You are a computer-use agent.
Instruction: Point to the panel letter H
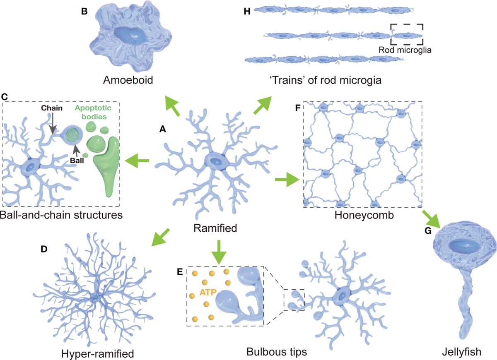pos(247,11)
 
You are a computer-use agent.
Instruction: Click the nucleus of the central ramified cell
pos(216,162)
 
